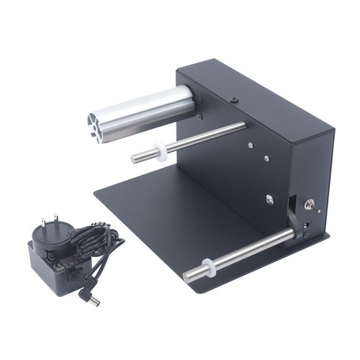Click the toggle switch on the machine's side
click(312, 205)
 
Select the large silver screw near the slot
click(269, 199)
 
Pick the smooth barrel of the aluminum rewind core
click(151, 108)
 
